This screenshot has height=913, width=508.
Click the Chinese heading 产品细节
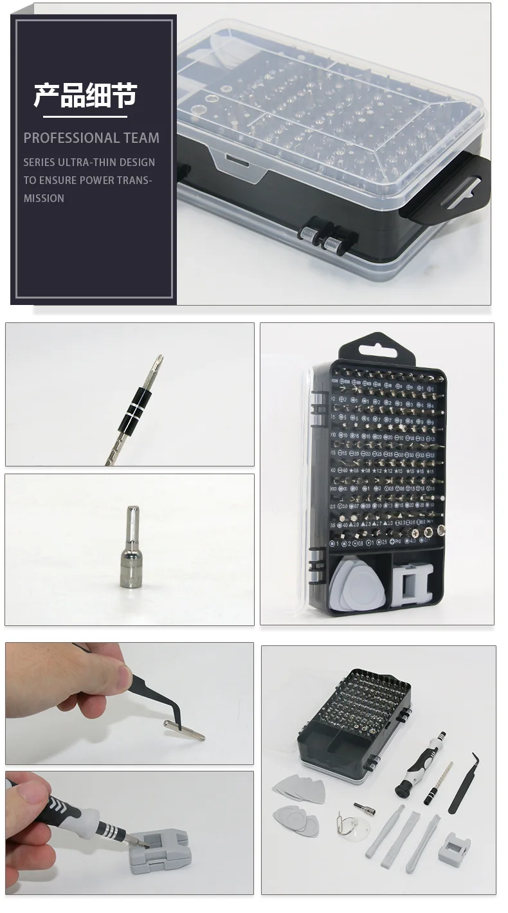86,95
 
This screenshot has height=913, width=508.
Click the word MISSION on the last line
44,198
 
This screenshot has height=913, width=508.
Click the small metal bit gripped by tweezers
184,730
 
